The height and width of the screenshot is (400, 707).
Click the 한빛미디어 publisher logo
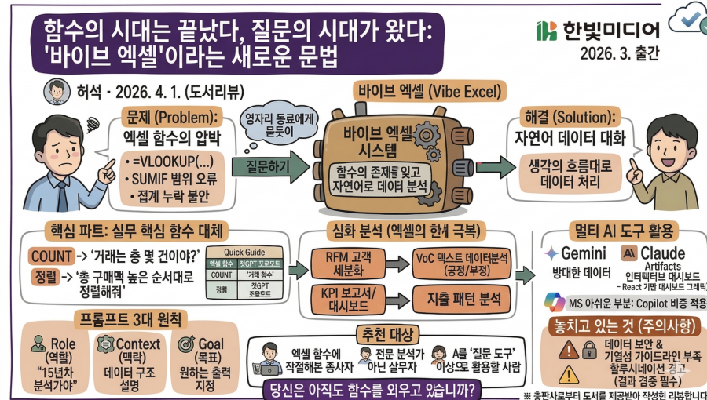point(598,30)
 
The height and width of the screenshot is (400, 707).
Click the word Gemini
point(583,254)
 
